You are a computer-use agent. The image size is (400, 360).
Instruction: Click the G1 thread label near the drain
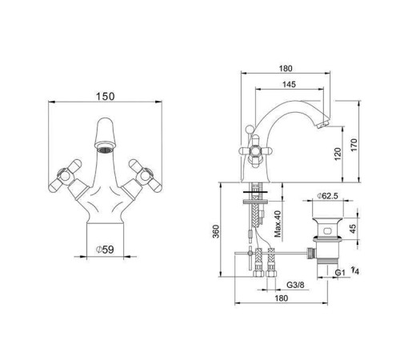click(338, 272)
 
